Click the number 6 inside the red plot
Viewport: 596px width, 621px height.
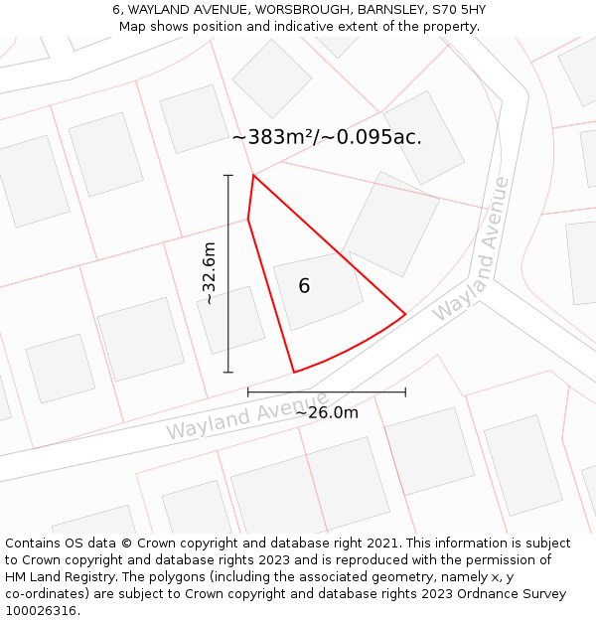(304, 286)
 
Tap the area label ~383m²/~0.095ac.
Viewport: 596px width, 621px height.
(327, 138)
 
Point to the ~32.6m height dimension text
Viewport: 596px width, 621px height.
(209, 273)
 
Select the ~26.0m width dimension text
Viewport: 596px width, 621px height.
(327, 412)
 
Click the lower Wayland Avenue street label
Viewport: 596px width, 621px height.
(247, 416)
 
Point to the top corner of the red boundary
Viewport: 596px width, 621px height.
(253, 176)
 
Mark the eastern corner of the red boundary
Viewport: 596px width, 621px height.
(405, 314)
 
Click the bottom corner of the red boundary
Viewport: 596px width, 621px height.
(293, 373)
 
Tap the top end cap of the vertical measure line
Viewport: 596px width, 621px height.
(228, 176)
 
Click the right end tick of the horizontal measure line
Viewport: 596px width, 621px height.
(405, 392)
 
